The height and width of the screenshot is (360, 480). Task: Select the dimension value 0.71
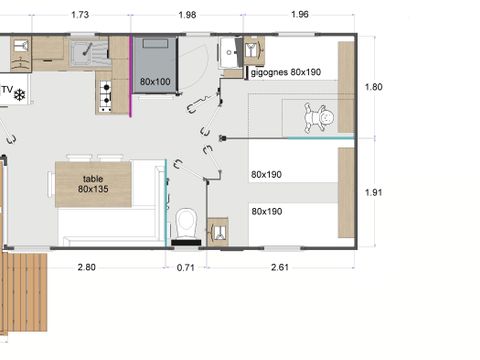[x=184, y=267]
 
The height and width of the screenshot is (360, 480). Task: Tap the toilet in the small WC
[x=184, y=222]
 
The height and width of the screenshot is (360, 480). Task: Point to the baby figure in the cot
[x=322, y=118]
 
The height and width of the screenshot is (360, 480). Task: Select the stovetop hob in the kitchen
[x=104, y=93]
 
